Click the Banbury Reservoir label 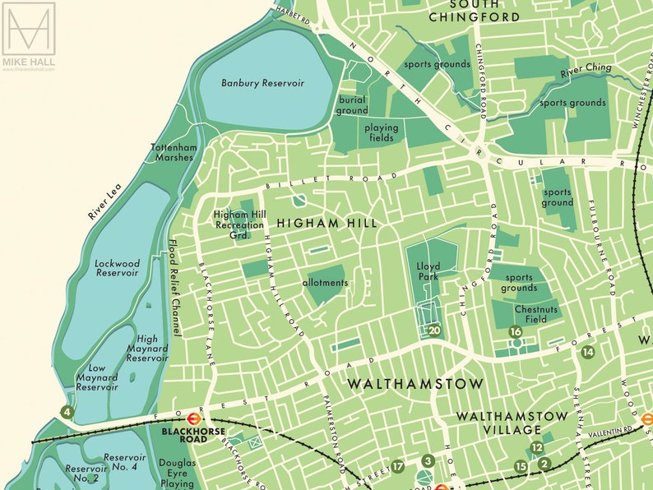coord(263,83)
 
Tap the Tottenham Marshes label coord(174,153)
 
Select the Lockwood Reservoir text coord(118,268)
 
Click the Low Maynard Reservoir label coord(97,377)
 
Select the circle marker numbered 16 coord(516,332)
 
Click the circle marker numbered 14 coord(587,352)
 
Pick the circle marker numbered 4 coord(66,412)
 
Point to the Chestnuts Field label coord(530,315)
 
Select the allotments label coord(326,283)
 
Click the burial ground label coord(352,105)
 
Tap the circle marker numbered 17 coord(398,467)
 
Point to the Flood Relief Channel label coord(174,287)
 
